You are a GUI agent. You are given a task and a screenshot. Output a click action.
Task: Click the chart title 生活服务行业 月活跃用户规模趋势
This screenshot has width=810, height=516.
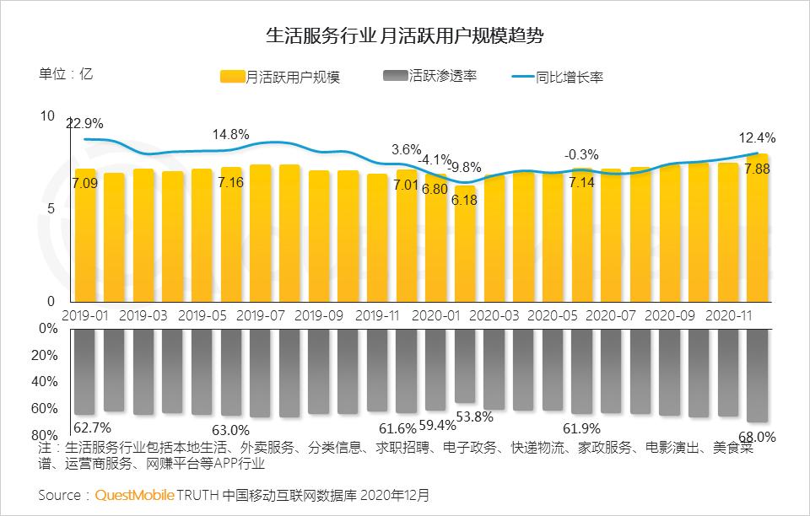point(404,35)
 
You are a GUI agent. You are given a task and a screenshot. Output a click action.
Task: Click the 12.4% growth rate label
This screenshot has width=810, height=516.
point(757,137)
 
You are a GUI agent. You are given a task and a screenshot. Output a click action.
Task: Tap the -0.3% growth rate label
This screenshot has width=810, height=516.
point(581,154)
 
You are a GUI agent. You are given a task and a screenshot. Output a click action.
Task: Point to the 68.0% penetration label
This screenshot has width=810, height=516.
point(757,437)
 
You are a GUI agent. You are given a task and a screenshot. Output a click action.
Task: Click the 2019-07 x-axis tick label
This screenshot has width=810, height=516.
point(262,315)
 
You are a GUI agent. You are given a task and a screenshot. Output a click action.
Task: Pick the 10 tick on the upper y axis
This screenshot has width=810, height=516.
point(47,116)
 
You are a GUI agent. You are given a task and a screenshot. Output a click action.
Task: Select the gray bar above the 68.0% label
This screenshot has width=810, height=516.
point(757,375)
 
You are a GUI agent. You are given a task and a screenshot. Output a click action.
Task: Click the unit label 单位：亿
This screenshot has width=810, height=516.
point(66,73)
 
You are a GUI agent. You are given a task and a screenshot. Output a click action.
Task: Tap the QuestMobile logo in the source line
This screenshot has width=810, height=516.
point(135,494)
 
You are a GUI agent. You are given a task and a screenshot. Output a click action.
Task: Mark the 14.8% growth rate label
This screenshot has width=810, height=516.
point(230,134)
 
